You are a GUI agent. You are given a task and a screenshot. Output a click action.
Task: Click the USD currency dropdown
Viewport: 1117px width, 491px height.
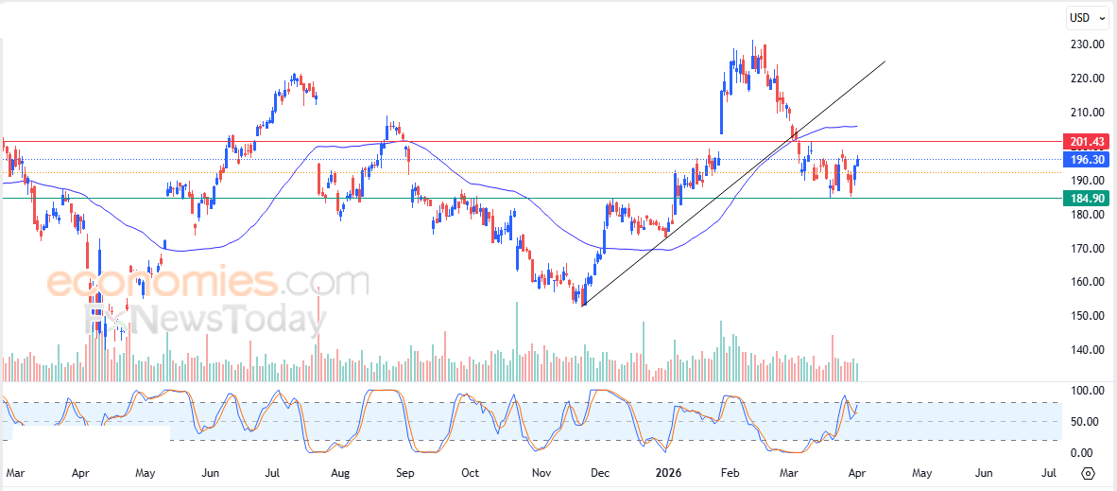[x=1083, y=17]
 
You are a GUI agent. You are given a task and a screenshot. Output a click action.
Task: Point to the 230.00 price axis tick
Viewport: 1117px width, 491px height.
[x=1087, y=44]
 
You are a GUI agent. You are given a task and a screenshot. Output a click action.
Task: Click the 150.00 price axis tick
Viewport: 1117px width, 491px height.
[x=1087, y=316]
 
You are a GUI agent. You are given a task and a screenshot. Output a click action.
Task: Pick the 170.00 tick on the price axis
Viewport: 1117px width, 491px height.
[x=1087, y=249]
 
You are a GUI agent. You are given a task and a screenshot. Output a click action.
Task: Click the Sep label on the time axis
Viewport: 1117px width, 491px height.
[x=404, y=472]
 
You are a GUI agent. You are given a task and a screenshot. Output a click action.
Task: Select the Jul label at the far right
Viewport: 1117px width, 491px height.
[x=1048, y=472]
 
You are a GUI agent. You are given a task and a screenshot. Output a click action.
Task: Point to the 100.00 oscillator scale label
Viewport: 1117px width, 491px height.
[x=1085, y=391]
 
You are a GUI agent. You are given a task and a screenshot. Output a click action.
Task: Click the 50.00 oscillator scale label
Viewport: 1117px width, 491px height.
[x=1085, y=422]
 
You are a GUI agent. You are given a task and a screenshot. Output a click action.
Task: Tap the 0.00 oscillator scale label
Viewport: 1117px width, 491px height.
[x=1085, y=453]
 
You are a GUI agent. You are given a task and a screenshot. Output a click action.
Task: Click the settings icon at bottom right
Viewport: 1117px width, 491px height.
[x=1088, y=473]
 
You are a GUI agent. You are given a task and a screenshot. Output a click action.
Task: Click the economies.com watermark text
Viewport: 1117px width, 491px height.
[x=207, y=282]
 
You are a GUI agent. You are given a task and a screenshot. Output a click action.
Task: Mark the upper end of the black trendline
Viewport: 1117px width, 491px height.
[x=885, y=61]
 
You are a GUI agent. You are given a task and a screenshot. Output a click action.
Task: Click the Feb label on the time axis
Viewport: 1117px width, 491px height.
[x=730, y=472]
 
